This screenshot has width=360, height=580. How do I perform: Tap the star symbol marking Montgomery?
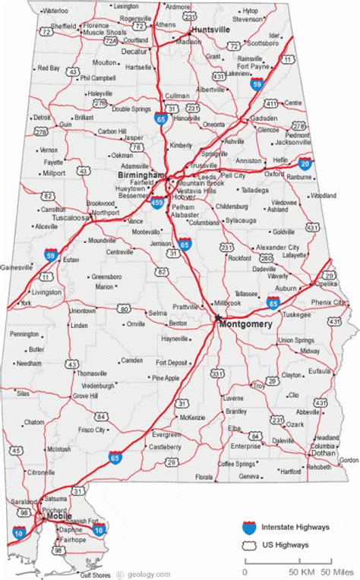[217, 317]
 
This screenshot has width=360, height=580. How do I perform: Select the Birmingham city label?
[141, 175]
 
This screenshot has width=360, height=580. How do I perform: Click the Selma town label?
[157, 312]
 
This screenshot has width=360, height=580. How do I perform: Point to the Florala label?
[204, 477]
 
